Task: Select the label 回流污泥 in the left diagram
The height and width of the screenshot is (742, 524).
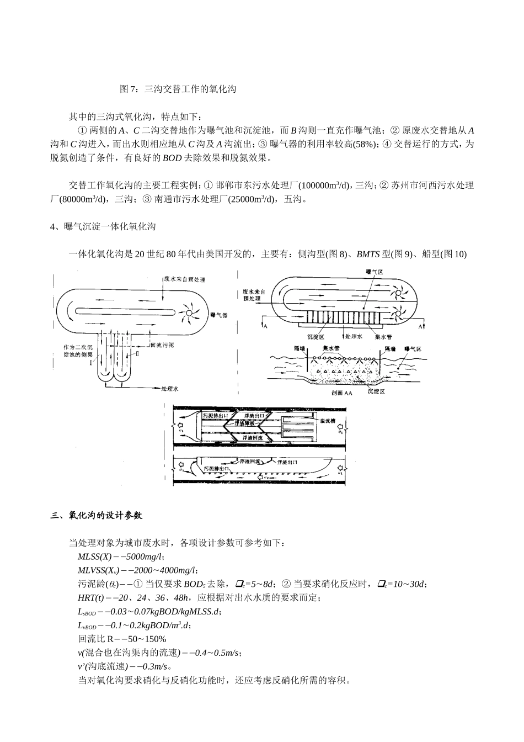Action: click(x=162, y=345)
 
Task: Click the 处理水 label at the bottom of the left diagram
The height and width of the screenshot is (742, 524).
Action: click(x=170, y=389)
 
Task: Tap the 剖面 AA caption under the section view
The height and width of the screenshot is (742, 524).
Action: click(x=341, y=394)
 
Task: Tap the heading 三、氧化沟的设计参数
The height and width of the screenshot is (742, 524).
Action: click(x=97, y=516)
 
